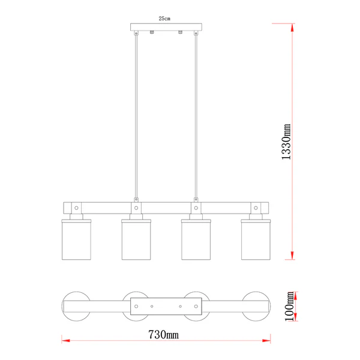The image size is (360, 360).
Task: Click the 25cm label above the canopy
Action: click(164, 19)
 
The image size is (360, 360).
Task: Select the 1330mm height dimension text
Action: click(286, 142)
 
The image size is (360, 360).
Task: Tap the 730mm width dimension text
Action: click(163, 335)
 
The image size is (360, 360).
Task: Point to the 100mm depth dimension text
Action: click(289, 306)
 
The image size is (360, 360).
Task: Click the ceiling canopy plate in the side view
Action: click(166, 27)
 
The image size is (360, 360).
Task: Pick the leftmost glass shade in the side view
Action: click(76, 239)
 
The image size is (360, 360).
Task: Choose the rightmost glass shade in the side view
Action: click(256, 239)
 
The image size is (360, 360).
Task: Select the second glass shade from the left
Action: click(136, 239)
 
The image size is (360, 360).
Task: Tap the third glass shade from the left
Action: click(196, 239)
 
